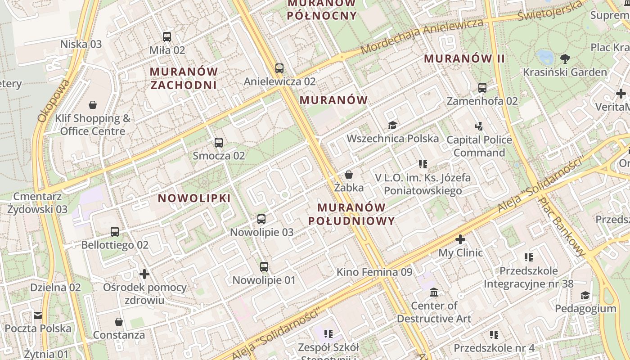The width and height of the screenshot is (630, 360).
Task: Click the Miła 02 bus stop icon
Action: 167,37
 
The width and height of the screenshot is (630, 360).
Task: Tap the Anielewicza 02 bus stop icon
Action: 279,68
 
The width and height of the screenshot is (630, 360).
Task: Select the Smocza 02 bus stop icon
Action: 219,143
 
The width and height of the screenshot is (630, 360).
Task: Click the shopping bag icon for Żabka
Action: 349,175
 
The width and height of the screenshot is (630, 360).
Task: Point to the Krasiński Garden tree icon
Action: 565,58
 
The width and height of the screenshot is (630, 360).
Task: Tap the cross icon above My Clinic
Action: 460,239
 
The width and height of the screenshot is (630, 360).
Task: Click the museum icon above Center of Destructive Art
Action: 434,292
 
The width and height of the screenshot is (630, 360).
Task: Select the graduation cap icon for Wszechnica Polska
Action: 392,125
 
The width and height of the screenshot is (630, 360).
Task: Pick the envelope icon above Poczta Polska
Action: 38,315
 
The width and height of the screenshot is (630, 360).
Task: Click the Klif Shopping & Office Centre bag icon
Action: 93,105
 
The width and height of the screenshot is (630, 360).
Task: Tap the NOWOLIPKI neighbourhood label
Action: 194,198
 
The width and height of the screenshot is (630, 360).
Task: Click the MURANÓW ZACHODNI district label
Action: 184,78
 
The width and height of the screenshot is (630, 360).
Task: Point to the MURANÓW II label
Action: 464,58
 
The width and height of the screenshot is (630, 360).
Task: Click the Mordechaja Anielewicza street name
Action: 422,36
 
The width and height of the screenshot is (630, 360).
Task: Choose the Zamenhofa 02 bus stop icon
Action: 482,88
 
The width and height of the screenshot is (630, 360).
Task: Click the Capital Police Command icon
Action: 479,126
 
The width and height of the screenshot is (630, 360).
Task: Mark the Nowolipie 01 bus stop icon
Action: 264,267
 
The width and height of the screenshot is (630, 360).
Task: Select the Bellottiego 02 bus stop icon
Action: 115,232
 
